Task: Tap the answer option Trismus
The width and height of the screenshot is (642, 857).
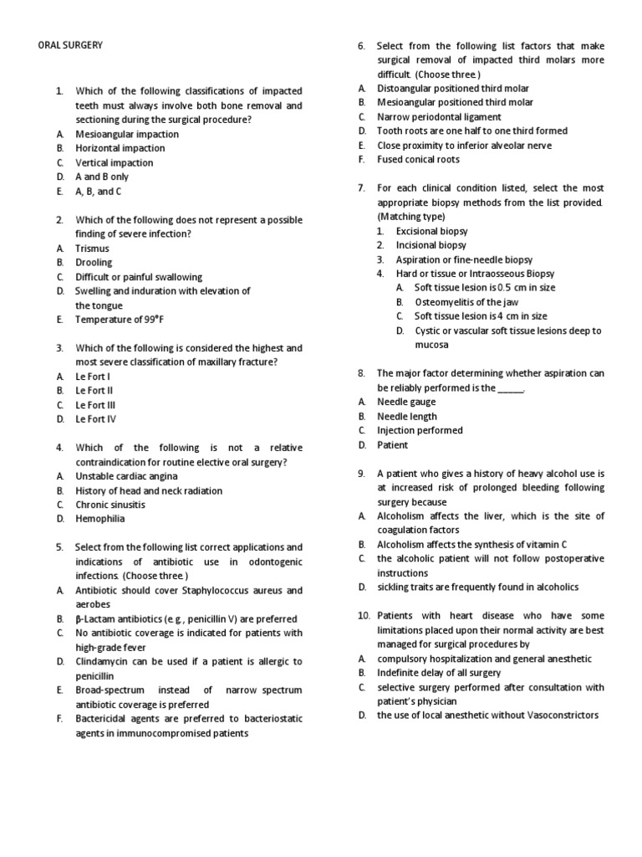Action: pyautogui.click(x=92, y=249)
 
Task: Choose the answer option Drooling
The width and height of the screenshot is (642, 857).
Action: pyautogui.click(x=94, y=263)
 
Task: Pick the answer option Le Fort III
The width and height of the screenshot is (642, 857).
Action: pyautogui.click(x=94, y=405)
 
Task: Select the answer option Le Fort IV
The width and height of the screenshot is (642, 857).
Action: pyautogui.click(x=95, y=419)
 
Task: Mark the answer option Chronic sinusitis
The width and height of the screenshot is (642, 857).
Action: pyautogui.click(x=110, y=505)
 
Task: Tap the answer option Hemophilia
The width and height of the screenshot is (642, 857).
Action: pyautogui.click(x=99, y=519)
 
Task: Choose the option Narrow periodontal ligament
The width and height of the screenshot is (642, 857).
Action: pyautogui.click(x=439, y=117)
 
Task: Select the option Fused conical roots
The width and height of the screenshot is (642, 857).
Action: pyautogui.click(x=418, y=159)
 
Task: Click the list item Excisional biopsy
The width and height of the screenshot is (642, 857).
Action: pyautogui.click(x=431, y=231)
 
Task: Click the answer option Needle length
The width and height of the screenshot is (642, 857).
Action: pyautogui.click(x=407, y=416)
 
